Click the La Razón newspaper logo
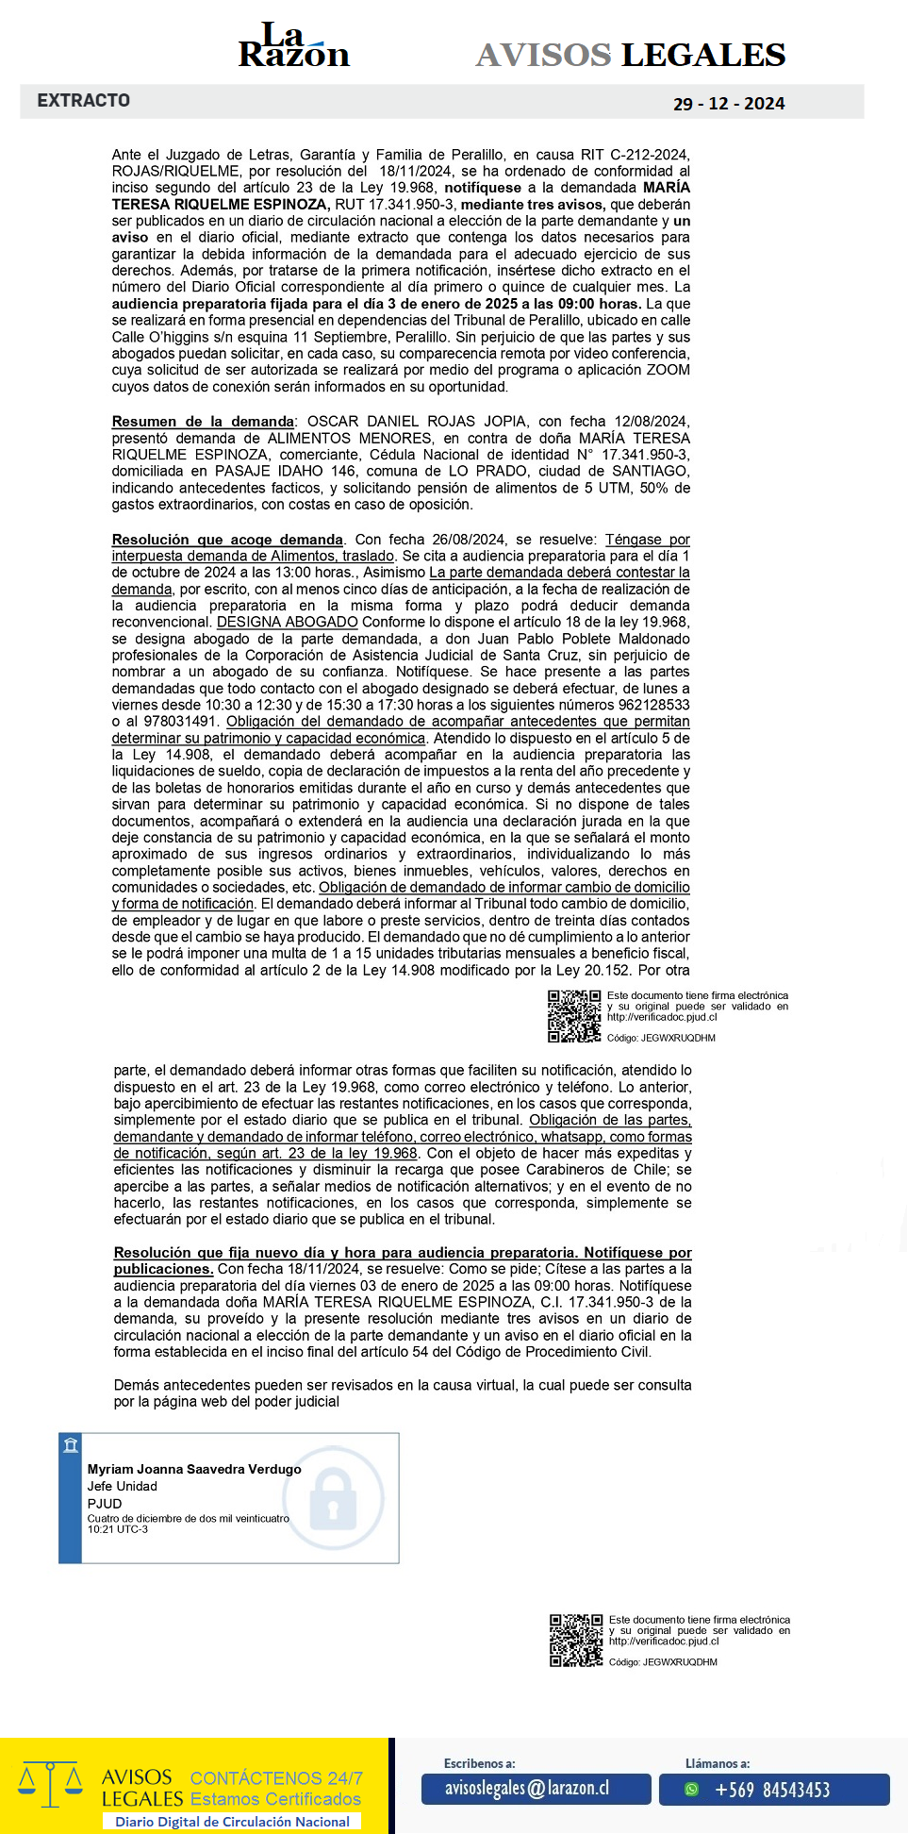point(293,46)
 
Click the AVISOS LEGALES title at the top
point(630,55)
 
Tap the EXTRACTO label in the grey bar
point(84,100)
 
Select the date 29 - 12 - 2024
point(729,104)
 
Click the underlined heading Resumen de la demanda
point(203,422)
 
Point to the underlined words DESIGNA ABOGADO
point(288,623)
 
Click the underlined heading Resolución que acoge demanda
point(227,540)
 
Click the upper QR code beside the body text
point(574,1016)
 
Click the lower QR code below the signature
point(576,1641)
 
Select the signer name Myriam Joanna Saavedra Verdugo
point(194,1469)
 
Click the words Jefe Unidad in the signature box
point(123,1486)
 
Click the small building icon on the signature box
point(71,1445)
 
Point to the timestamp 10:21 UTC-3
point(118,1529)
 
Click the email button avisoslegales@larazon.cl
point(536,1789)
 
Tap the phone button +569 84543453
point(773,1790)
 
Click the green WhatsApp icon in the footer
point(692,1790)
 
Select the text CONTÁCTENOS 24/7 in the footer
point(276,1778)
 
